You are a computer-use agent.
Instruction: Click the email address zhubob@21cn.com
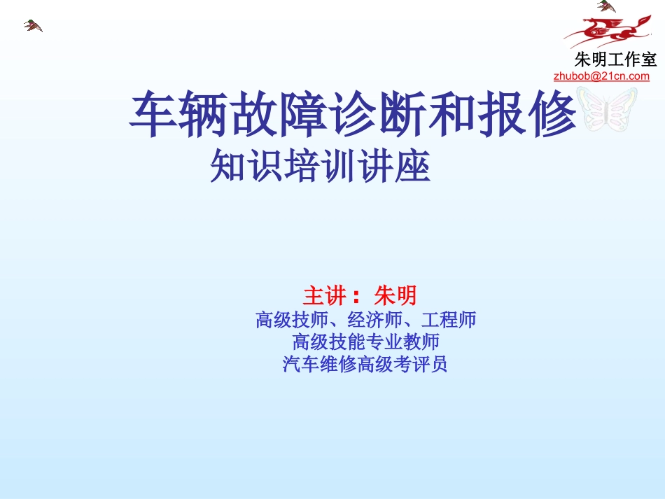point(601,76)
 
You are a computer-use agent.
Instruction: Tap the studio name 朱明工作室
point(615,59)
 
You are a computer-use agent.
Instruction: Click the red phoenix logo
point(603,32)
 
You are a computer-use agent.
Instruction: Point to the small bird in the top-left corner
point(32,26)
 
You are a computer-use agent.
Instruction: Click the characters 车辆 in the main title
point(176,115)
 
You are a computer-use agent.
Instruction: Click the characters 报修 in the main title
point(530,115)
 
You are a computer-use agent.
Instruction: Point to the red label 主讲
point(327,295)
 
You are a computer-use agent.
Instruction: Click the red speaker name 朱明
point(396,295)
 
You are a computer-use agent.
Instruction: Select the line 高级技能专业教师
point(365,342)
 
